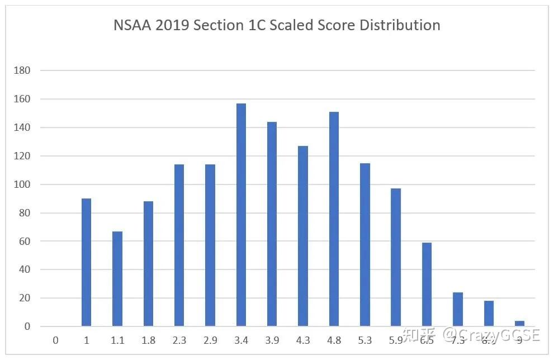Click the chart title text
(x=277, y=26)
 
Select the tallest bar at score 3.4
(x=241, y=215)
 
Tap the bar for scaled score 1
(x=86, y=262)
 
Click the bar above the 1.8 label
(x=148, y=263)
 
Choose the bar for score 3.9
(x=272, y=224)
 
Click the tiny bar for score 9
(x=519, y=323)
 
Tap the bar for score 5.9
(x=396, y=257)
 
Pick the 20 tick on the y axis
(x=25, y=298)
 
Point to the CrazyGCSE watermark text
(x=492, y=334)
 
